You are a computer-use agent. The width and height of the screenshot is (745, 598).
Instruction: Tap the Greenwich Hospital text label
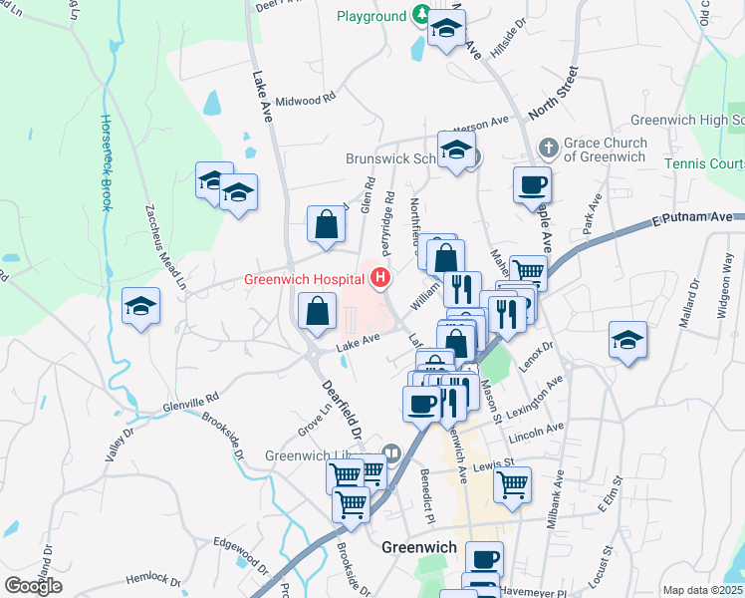pos(304,280)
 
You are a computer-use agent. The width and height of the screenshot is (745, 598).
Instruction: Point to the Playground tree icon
pos(422,16)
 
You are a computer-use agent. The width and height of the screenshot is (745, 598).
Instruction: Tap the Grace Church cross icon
pos(548,149)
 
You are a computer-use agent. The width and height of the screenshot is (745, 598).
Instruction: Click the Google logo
pos(33,585)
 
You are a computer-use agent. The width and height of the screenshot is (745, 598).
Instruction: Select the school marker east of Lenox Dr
pos(627,340)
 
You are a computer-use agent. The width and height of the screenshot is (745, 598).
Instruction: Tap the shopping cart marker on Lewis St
pos(512,483)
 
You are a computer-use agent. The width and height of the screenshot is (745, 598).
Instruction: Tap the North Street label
pos(554,94)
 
